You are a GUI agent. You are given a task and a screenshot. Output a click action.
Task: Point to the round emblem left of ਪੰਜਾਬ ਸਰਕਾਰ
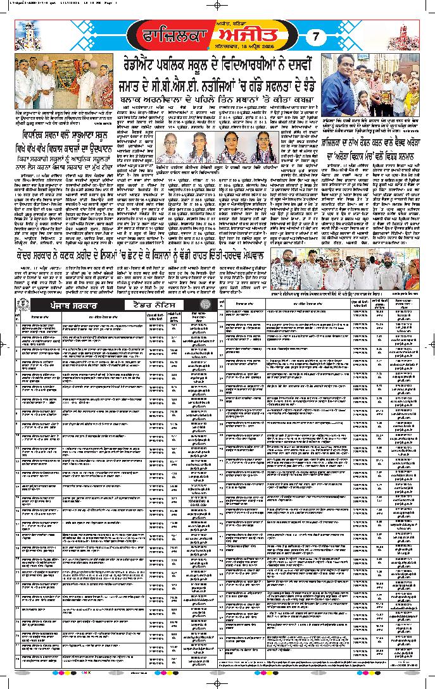(22, 306)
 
